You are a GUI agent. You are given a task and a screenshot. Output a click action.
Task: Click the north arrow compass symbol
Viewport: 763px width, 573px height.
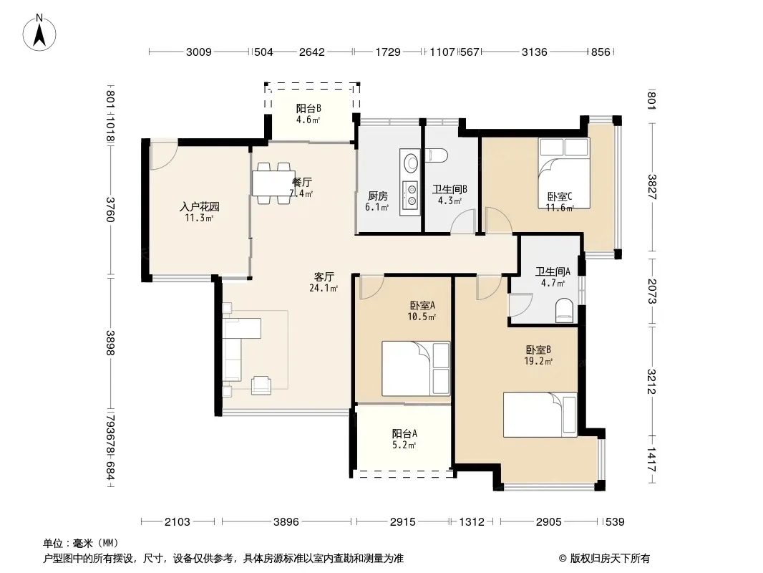[39, 32]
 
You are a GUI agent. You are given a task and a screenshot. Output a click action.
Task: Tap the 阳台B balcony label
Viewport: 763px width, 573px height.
[308, 108]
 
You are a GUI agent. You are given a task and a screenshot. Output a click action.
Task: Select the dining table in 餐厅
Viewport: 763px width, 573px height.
[273, 183]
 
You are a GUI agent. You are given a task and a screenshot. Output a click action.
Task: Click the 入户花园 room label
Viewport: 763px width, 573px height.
[200, 207]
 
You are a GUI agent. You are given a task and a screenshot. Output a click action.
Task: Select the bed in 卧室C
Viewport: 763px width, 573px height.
[564, 173]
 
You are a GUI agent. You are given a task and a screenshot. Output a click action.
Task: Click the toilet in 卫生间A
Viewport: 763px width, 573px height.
[565, 311]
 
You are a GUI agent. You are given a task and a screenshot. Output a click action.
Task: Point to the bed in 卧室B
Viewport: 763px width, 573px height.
[540, 415]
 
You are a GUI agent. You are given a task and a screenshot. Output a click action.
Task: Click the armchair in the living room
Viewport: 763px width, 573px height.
[262, 385]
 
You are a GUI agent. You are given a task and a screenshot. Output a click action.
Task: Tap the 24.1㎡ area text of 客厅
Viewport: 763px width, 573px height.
[324, 288]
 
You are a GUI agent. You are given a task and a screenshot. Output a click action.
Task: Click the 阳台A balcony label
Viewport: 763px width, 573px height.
[404, 433]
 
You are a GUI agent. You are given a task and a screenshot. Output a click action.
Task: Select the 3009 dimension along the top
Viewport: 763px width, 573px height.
[198, 52]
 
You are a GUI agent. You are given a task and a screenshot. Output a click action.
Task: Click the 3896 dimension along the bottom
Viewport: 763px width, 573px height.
[286, 522]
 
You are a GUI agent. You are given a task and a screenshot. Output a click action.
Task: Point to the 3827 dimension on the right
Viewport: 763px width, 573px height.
[652, 187]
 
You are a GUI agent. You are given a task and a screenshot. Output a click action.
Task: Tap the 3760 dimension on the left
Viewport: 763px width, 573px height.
[110, 209]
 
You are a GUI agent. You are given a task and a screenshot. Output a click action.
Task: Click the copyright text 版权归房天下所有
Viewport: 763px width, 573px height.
[610, 559]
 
